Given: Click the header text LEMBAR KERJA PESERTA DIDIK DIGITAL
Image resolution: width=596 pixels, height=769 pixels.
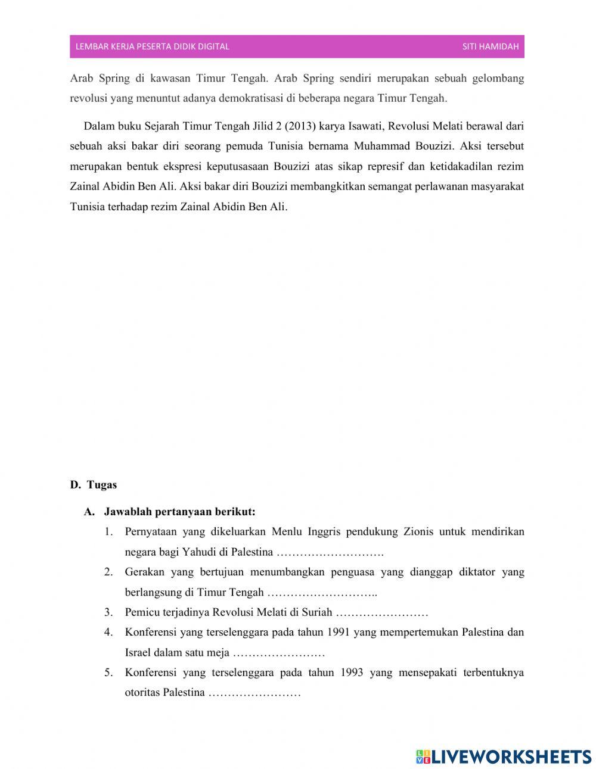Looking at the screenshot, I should [x=153, y=46].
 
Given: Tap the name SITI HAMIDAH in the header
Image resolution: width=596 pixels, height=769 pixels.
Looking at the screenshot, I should [x=491, y=46].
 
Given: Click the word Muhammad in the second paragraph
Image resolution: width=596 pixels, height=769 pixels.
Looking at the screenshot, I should [x=380, y=146].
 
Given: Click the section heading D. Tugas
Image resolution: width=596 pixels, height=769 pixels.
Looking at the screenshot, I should [x=94, y=484].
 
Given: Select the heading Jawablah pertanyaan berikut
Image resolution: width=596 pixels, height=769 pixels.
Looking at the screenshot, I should [x=179, y=512].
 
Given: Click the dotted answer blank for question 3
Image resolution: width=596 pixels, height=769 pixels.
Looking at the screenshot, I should [x=382, y=612].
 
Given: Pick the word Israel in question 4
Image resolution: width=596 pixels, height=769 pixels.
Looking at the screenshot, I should [x=138, y=652].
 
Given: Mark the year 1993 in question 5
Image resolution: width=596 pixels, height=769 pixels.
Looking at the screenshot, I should [x=355, y=673].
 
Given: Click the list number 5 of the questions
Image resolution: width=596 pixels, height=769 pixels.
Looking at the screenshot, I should [x=108, y=673].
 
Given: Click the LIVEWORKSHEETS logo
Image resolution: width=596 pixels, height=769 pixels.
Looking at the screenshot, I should [x=504, y=756].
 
